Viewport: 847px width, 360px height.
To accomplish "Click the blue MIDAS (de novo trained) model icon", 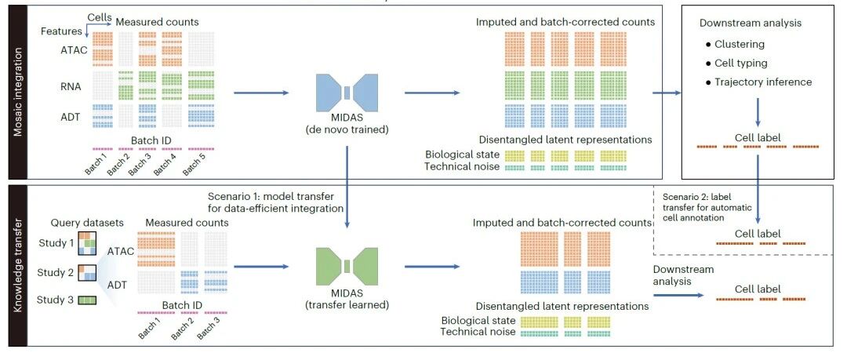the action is tap(347, 93).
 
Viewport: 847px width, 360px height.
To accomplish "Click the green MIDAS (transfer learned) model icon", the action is tap(347, 265).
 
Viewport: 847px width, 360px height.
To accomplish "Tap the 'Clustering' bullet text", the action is tap(740, 45).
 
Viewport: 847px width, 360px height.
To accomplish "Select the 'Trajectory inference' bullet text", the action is tap(763, 82).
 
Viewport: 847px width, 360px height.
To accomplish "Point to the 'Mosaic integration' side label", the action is tap(17, 91).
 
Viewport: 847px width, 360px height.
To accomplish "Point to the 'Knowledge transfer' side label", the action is tap(17, 266).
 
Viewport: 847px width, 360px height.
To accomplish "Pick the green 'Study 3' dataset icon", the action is tap(88, 300).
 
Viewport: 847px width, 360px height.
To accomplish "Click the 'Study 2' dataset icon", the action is tap(88, 273).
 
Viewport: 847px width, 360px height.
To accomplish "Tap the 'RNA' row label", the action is tap(71, 85).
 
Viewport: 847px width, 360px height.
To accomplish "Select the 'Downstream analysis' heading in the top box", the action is tap(751, 23).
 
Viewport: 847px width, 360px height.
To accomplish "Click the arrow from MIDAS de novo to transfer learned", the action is tap(347, 187).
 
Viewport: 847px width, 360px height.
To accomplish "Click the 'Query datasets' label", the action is tap(87, 223).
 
